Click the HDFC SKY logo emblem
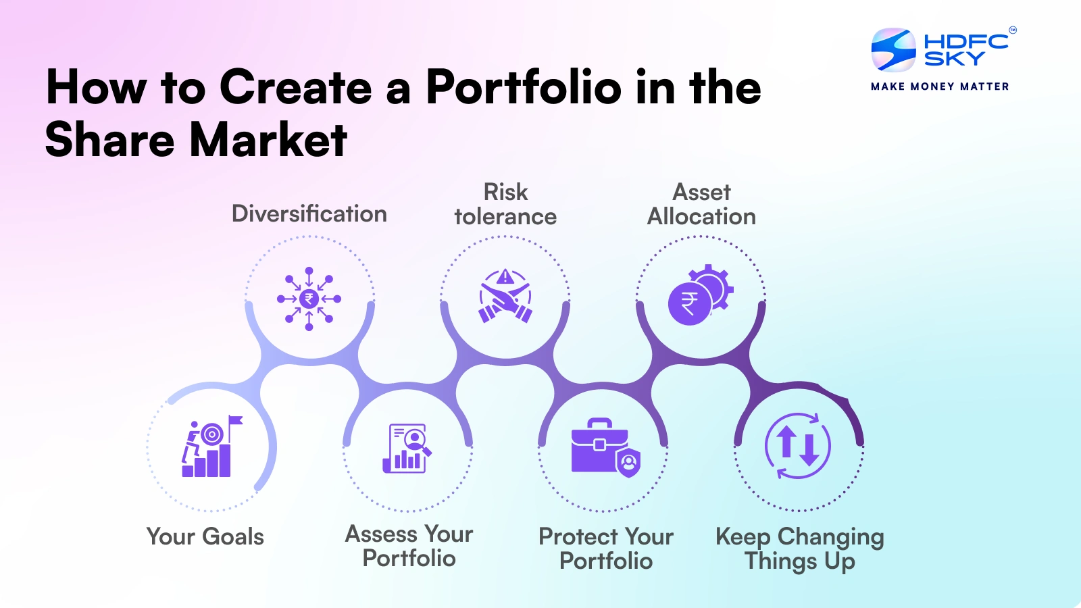[x=893, y=49]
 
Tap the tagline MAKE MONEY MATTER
[x=940, y=86]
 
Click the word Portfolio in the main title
[x=524, y=88]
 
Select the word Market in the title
[x=268, y=140]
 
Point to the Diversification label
[x=309, y=213]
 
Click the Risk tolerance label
[x=505, y=204]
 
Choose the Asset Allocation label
[x=701, y=204]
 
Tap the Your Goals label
[x=205, y=536]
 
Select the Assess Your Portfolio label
[x=409, y=546]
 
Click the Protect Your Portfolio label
[x=606, y=548]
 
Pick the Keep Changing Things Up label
[x=800, y=548]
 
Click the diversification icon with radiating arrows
[x=309, y=299]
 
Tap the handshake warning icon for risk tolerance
[x=505, y=297]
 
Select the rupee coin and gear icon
[x=700, y=296]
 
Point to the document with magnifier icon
[x=407, y=448]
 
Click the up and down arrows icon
[x=798, y=446]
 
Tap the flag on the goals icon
[x=235, y=421]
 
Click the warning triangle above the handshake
[x=505, y=277]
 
